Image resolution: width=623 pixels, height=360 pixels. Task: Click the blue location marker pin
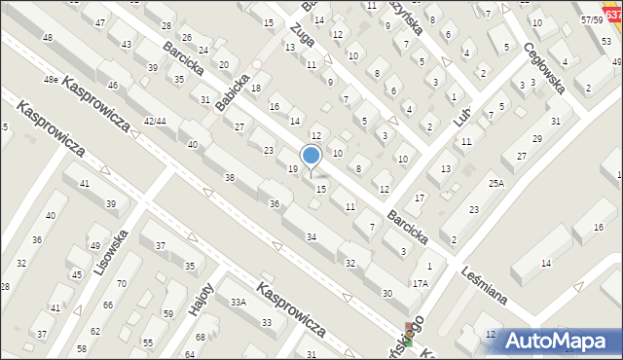coord(311,156)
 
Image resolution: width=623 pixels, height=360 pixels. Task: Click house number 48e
coord(50,79)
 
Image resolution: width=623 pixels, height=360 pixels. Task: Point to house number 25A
coord(496,183)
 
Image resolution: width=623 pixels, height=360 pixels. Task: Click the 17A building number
coord(420,283)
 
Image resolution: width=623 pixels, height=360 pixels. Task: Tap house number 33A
coord(238,302)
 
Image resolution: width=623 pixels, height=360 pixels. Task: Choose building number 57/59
coord(591,19)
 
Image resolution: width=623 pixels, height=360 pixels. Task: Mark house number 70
coord(121,284)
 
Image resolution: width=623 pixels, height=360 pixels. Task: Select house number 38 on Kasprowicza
coord(230,178)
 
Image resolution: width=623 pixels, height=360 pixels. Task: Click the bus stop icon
coord(409,334)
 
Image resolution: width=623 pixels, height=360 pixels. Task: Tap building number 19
coord(293,169)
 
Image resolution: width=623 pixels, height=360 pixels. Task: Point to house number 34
coord(311,237)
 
